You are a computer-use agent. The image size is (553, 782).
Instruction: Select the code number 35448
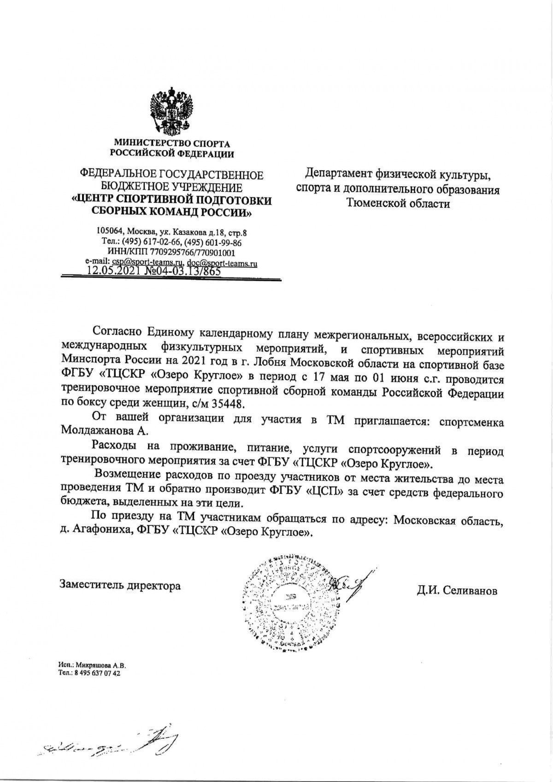[229, 404]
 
